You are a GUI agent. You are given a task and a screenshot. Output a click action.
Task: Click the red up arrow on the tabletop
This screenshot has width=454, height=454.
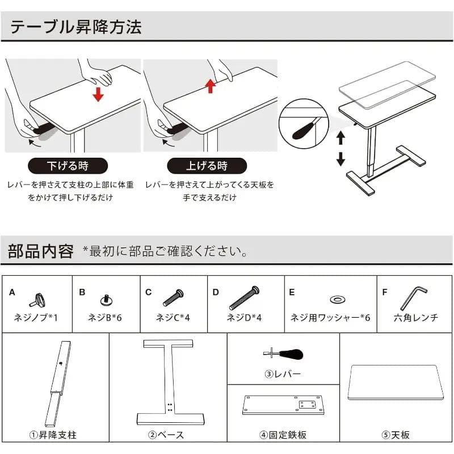pyautogui.click(x=211, y=86)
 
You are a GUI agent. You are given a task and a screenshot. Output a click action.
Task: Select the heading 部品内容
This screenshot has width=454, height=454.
pyautogui.click(x=41, y=251)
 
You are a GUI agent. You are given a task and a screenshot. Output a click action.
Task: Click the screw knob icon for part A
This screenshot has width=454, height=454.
pyautogui.click(x=38, y=299)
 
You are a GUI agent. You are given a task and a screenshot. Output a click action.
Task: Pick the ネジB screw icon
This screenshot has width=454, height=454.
pyautogui.click(x=105, y=299)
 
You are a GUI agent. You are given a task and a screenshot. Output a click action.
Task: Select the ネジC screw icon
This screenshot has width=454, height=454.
pyautogui.click(x=173, y=297)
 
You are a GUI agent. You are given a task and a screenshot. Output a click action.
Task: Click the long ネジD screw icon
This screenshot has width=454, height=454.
pyautogui.click(x=245, y=297)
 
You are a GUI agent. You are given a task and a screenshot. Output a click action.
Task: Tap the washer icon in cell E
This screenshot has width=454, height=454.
pyautogui.click(x=337, y=299)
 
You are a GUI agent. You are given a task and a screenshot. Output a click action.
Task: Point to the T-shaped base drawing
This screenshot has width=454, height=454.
pyautogui.click(x=170, y=381)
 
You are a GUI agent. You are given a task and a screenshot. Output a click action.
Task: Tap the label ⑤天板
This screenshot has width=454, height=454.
pyautogui.click(x=396, y=435)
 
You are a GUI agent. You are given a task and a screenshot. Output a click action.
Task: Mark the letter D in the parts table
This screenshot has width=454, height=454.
pyautogui.click(x=216, y=292)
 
